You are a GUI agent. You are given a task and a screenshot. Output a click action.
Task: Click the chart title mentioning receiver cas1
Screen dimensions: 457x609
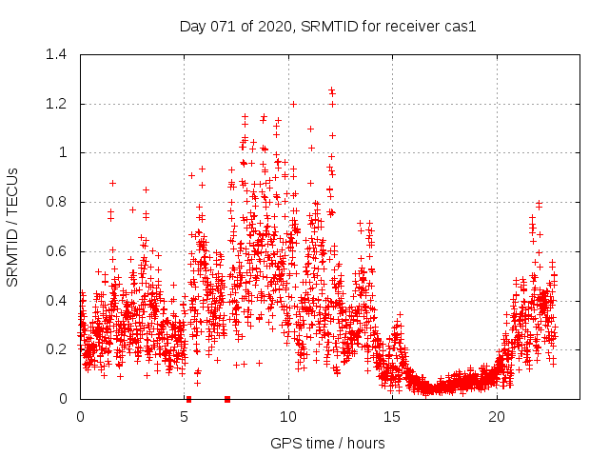click(327, 26)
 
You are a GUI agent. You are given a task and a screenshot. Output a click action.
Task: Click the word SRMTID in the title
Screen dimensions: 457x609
click(325, 26)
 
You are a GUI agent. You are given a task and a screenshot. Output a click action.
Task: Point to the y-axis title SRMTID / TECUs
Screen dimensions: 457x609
click(13, 227)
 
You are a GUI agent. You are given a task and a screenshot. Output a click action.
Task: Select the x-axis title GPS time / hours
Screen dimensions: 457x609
click(327, 443)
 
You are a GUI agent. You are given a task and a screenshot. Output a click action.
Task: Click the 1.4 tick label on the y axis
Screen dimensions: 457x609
click(57, 54)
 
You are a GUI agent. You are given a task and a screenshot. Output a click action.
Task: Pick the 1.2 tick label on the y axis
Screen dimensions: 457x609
click(57, 104)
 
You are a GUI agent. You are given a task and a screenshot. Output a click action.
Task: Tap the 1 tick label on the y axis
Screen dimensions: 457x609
click(64, 152)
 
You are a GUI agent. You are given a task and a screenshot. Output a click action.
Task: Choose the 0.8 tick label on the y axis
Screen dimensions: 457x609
click(57, 202)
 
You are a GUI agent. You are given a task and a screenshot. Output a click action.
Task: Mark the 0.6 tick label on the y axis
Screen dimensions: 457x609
click(57, 251)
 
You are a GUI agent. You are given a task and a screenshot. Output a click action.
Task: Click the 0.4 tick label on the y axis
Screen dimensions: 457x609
click(57, 300)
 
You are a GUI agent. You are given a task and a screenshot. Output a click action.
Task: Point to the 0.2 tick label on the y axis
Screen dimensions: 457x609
click(57, 349)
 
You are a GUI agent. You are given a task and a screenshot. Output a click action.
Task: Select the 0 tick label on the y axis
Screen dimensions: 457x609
click(64, 399)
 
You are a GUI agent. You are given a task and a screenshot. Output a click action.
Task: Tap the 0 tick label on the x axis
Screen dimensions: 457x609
click(80, 417)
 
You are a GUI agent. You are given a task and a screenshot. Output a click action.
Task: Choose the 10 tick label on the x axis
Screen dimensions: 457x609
click(288, 417)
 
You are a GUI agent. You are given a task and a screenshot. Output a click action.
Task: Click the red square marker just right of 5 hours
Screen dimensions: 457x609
click(188, 399)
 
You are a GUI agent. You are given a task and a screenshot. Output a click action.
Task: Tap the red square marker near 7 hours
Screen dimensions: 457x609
click(227, 399)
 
